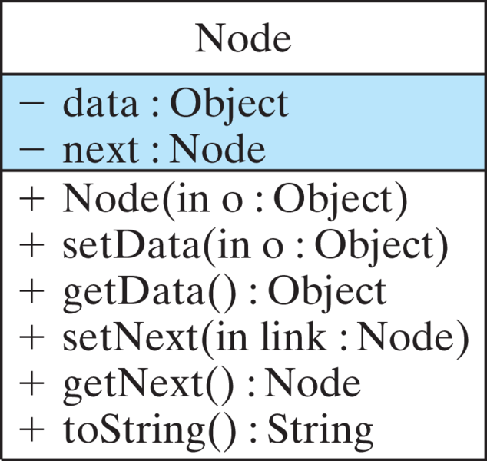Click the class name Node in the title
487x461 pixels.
point(243,38)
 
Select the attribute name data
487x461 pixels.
point(99,104)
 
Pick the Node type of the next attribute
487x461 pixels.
point(217,148)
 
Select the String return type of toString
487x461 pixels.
point(319,429)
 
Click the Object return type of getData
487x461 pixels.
point(326,291)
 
